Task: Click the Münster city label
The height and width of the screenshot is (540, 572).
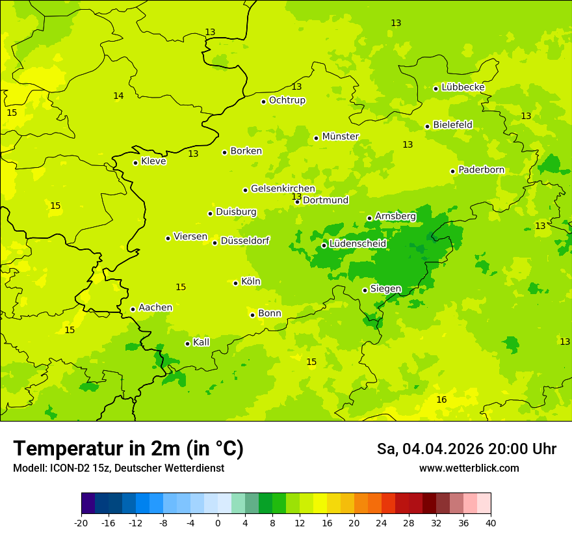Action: pos(340,137)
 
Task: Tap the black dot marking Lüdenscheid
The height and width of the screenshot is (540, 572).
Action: pos(324,245)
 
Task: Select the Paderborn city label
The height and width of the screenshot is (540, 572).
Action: pos(481,170)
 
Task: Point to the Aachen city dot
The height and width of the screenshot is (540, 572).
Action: pos(133,309)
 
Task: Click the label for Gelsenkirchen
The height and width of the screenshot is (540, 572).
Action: pos(283,189)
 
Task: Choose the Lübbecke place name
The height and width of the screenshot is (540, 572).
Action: pos(463,87)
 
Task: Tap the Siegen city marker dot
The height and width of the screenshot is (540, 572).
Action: pos(365,290)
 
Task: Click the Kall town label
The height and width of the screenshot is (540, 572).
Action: pos(201,342)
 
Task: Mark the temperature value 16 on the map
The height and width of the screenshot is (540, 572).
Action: pos(441,399)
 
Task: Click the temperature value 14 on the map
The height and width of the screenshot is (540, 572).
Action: pos(118,96)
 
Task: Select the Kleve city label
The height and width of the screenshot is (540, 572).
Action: pos(153,161)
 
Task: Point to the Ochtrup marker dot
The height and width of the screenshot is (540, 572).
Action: pos(263,101)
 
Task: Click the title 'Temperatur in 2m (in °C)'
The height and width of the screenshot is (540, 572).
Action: pos(128,448)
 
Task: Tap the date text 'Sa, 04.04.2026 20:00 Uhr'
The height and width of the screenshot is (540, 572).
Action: pos(466,449)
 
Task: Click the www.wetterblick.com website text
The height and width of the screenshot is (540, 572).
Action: pos(469,468)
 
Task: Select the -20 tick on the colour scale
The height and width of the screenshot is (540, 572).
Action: pos(81,522)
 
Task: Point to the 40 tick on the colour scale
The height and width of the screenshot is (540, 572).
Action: pos(491,522)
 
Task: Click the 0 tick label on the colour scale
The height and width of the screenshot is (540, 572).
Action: pos(218,522)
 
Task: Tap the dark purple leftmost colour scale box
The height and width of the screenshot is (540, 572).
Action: pos(88,504)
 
